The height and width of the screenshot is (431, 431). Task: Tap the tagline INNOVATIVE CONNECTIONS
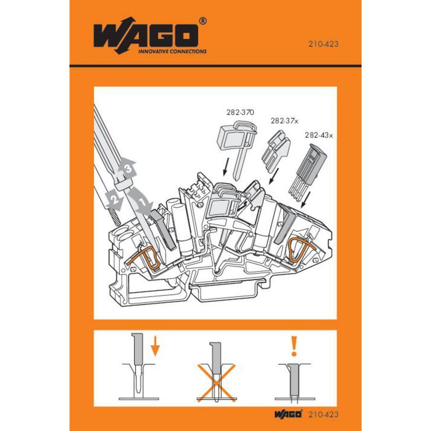pyautogui.click(x=172, y=51)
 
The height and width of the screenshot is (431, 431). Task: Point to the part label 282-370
pyautogui.click(x=240, y=113)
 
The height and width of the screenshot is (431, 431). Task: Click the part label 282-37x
pyautogui.click(x=284, y=121)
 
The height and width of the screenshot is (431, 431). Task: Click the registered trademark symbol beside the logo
pyautogui.click(x=203, y=22)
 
